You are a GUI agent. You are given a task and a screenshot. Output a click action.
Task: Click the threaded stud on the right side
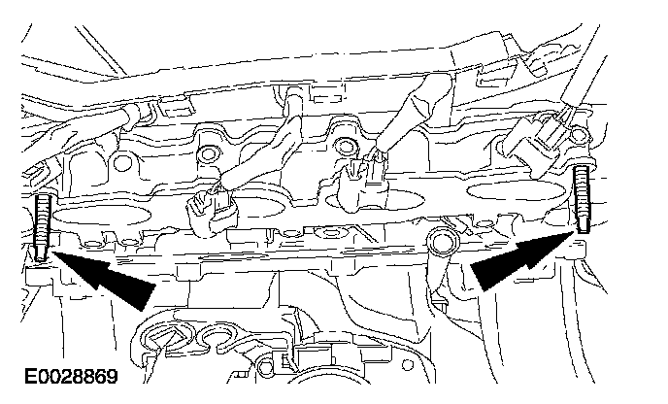click(x=582, y=199)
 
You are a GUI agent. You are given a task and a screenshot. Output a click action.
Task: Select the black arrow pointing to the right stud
click(x=522, y=261)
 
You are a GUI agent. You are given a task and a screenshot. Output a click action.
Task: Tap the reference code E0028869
click(x=71, y=376)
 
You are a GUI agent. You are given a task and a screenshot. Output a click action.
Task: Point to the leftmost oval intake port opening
click(x=102, y=216)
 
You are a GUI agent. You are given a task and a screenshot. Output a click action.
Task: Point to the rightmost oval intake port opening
click(x=518, y=190)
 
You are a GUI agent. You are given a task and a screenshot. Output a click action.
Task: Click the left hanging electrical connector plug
click(x=213, y=211)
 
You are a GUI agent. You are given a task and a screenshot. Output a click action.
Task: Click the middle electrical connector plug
click(x=363, y=184)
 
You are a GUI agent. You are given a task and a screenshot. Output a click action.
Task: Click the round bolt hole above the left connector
click(x=210, y=153)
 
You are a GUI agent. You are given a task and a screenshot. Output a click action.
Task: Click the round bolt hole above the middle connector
click(x=346, y=146)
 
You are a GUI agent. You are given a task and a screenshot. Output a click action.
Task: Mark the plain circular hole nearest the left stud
click(x=122, y=162)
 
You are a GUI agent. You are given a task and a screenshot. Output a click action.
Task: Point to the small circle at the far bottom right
click(x=407, y=365)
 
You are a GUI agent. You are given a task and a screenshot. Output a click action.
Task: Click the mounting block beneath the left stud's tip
click(x=40, y=275)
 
